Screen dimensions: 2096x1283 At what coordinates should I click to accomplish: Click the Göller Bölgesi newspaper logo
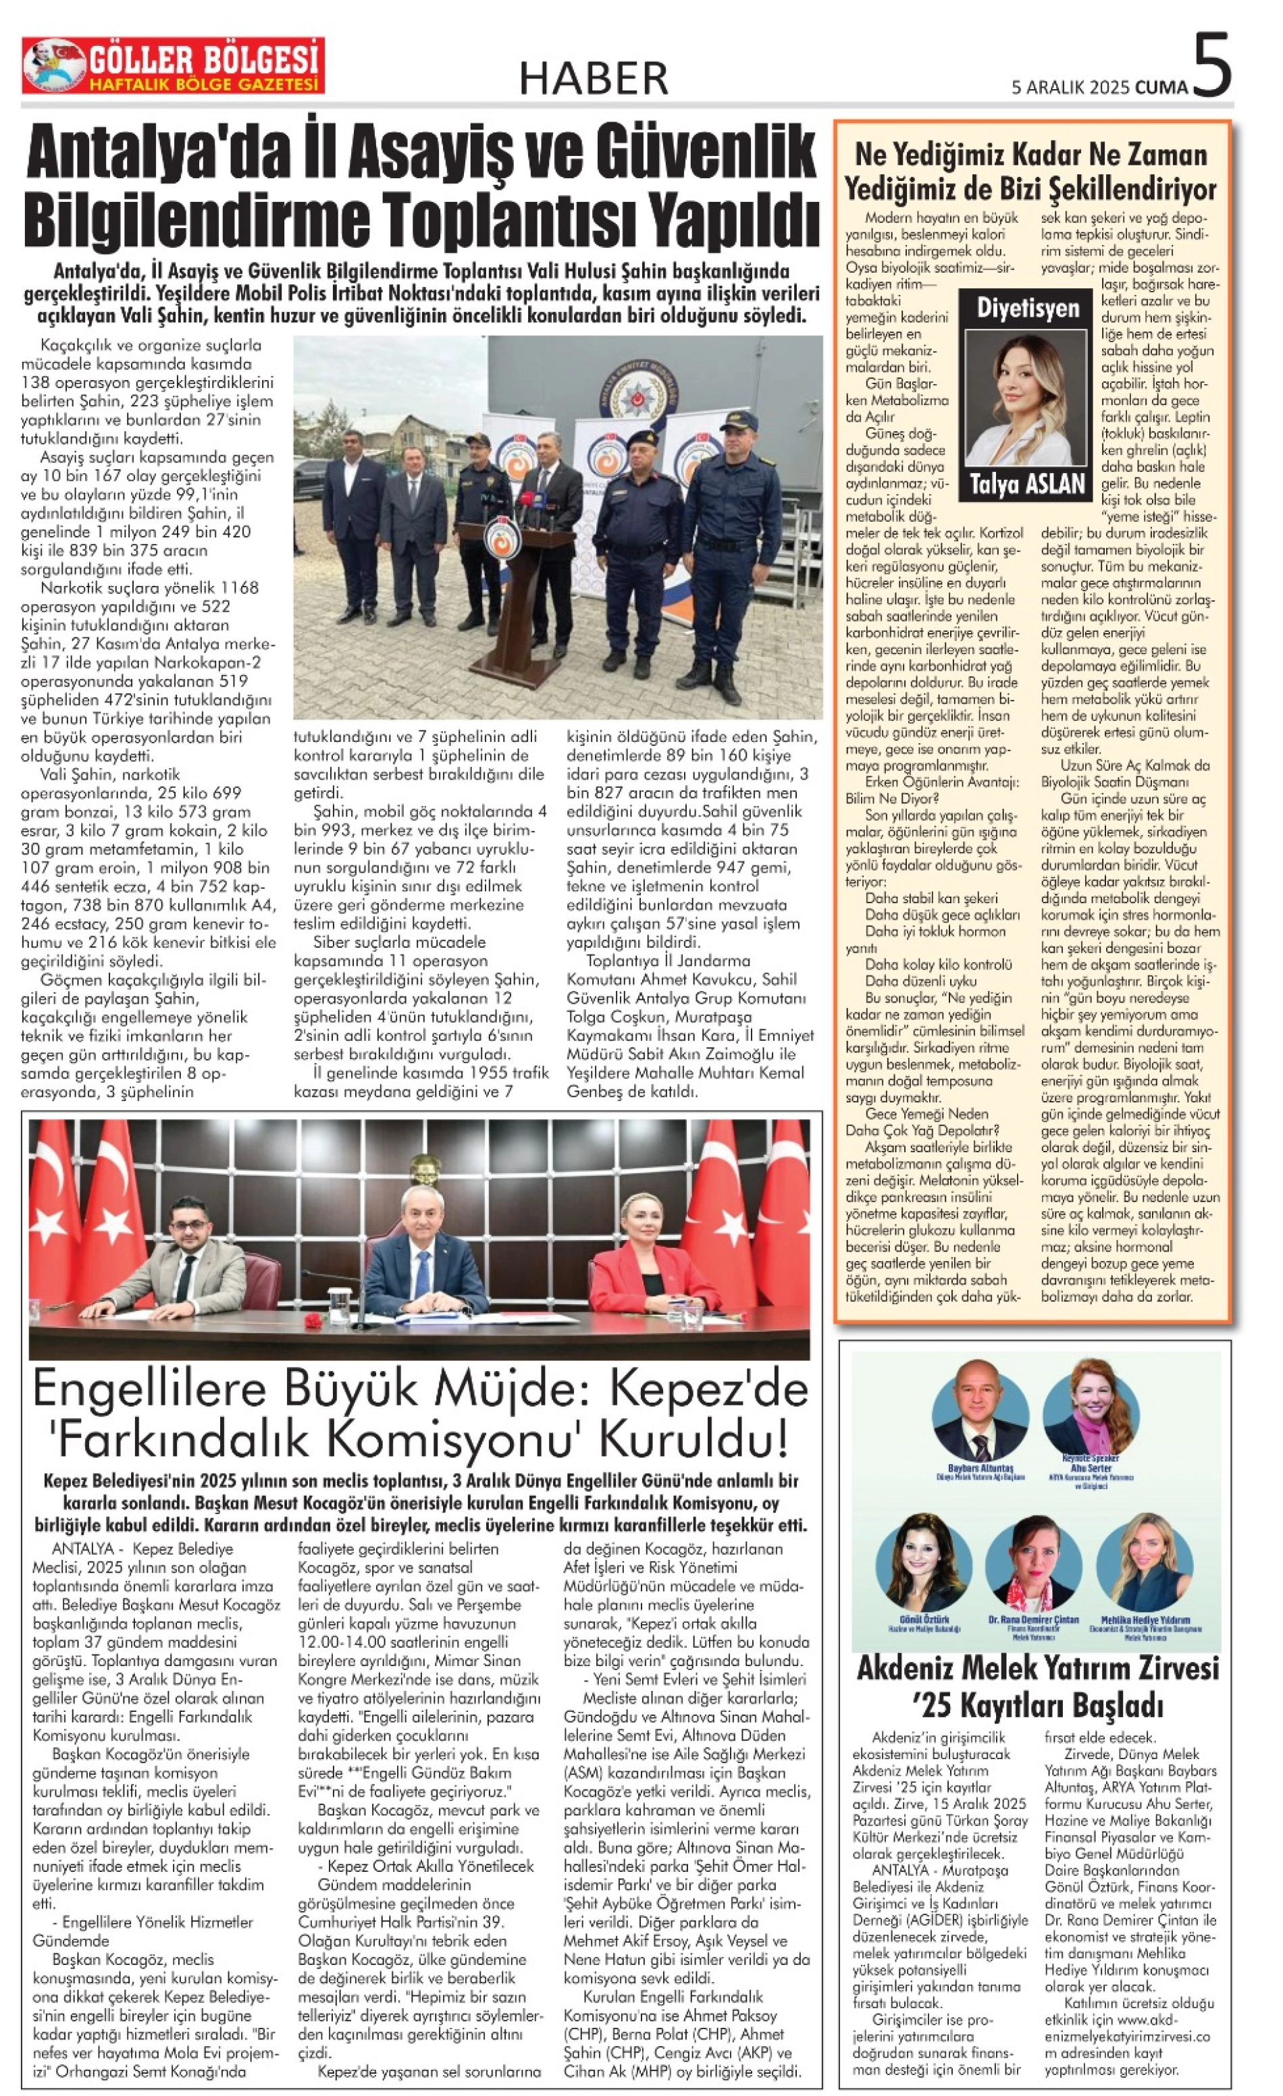(173, 66)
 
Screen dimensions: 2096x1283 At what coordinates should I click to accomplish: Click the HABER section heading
(594, 78)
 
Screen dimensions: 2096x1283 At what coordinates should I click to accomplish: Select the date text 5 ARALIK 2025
(1070, 87)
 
